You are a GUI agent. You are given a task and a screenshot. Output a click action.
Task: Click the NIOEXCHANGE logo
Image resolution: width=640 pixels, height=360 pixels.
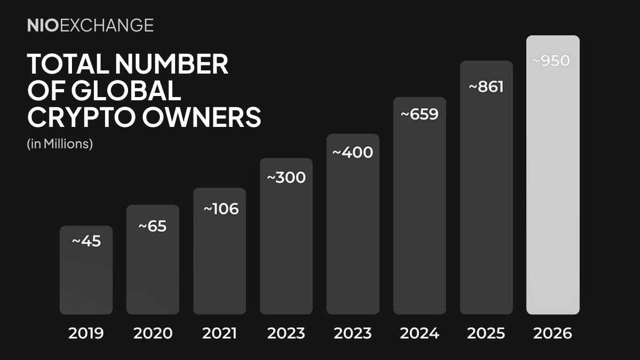point(90,25)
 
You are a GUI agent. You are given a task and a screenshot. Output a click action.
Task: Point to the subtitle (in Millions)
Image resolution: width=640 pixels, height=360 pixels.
point(60,144)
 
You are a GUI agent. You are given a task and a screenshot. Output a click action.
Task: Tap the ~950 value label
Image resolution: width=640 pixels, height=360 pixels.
point(551,61)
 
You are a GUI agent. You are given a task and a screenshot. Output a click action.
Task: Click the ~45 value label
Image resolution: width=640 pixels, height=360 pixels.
point(86,241)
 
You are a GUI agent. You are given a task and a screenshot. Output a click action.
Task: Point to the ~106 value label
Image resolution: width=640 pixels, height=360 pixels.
point(221,209)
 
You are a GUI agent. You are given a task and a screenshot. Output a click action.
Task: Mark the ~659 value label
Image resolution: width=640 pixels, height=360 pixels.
point(419,114)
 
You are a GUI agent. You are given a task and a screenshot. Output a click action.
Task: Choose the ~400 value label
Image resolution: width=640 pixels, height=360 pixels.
point(353,153)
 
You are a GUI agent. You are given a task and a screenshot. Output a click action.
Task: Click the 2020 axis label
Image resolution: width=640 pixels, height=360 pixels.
point(153,334)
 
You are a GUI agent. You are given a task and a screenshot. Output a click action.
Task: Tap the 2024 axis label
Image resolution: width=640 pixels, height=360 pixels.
point(419,334)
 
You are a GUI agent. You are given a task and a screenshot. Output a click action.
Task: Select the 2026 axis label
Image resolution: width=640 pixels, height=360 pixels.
point(553,334)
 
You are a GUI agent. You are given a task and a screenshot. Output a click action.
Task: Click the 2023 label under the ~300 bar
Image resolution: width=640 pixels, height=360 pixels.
point(286,334)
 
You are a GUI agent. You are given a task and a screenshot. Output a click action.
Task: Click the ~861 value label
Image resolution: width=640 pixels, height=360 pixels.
point(485,86)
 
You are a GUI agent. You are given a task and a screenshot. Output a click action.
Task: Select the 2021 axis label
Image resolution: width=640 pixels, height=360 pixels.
point(219,334)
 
